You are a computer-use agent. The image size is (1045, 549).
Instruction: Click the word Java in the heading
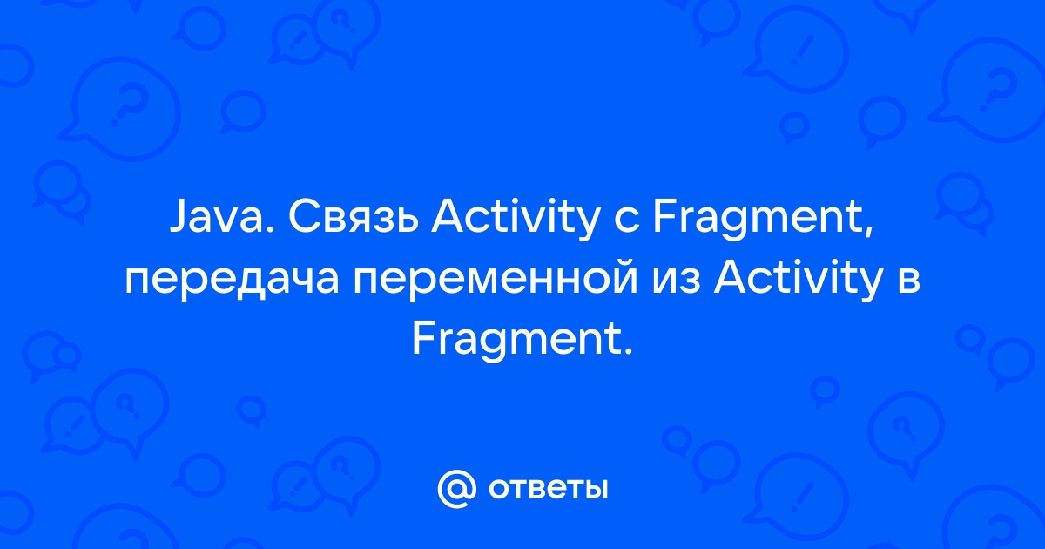(x=216, y=218)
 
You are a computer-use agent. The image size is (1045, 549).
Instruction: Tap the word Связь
(x=354, y=218)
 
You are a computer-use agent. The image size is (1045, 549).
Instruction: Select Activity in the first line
(x=516, y=220)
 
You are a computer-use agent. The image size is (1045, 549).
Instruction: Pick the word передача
(x=232, y=282)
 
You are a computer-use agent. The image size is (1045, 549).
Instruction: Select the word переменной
(x=496, y=282)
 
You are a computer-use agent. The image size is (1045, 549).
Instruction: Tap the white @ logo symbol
(x=456, y=488)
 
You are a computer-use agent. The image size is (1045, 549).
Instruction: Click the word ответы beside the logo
(x=548, y=489)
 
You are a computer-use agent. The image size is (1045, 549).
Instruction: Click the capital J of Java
(x=178, y=218)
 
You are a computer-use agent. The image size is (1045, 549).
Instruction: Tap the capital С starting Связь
(x=302, y=218)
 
